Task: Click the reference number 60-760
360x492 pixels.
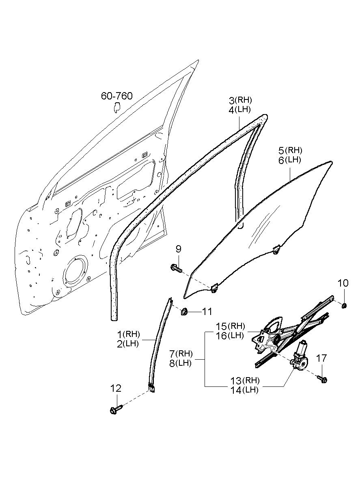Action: (116, 96)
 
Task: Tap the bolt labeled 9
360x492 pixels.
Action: (175, 268)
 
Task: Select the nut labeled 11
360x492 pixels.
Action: (184, 311)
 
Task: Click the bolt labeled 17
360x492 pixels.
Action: (323, 380)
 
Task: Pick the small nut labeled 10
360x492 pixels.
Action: (344, 305)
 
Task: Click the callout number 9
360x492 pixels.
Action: (178, 248)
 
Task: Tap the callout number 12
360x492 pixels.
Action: (116, 388)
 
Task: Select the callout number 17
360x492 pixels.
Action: (321, 358)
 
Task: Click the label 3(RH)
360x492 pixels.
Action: (240, 100)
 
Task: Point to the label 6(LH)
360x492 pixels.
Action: (289, 160)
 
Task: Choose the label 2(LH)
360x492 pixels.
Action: (128, 343)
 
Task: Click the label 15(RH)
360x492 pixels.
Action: (230, 326)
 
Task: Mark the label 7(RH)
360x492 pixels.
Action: (181, 353)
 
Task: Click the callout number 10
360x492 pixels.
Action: (343, 283)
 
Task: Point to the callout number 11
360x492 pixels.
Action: (207, 312)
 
